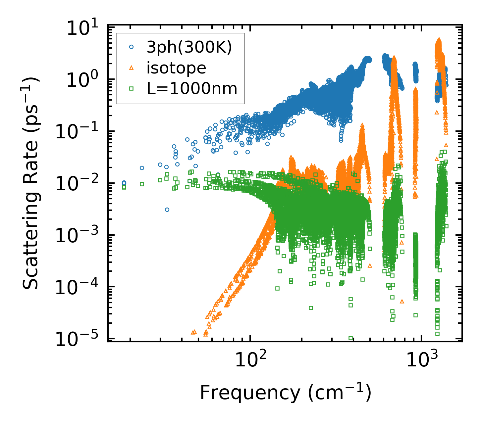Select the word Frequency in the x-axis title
coord(250,393)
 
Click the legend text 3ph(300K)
coord(189,47)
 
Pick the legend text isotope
coord(177,68)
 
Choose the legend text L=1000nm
coord(192,89)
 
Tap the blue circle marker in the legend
coord(131,47)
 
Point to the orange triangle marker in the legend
coord(131,68)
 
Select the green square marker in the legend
coord(131,89)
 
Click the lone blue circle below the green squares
coord(167,210)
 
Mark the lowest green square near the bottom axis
coord(350,338)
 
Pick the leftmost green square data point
coord(124,187)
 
